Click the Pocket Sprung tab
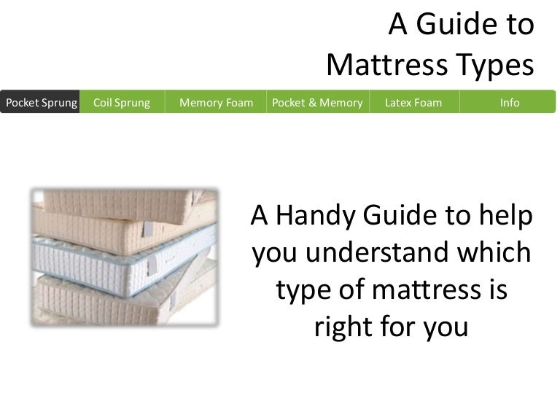pyautogui.click(x=41, y=102)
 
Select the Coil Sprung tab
pyautogui.click(x=122, y=102)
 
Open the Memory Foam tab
pyautogui.click(x=216, y=102)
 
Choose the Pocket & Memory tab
pyautogui.click(x=317, y=102)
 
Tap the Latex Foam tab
pyautogui.click(x=413, y=102)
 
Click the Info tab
pyautogui.click(x=509, y=102)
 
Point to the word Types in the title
pyautogui.click(x=492, y=66)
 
